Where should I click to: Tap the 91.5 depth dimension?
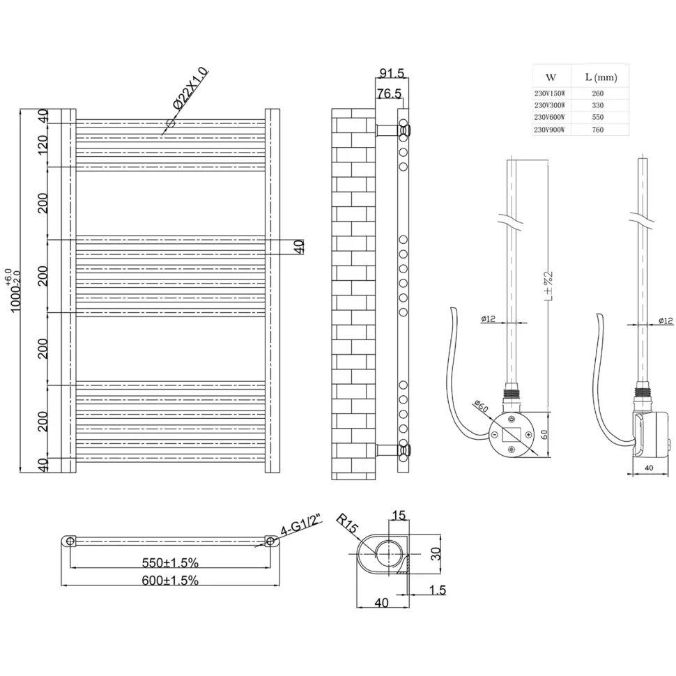tap(392, 73)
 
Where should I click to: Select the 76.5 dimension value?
tap(389, 93)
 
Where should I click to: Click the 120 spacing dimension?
tap(43, 145)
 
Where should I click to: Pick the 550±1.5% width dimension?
tap(170, 562)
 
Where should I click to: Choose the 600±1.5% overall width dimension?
tap(170, 581)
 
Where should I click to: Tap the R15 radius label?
tap(348, 523)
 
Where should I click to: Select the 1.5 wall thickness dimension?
tap(438, 590)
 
